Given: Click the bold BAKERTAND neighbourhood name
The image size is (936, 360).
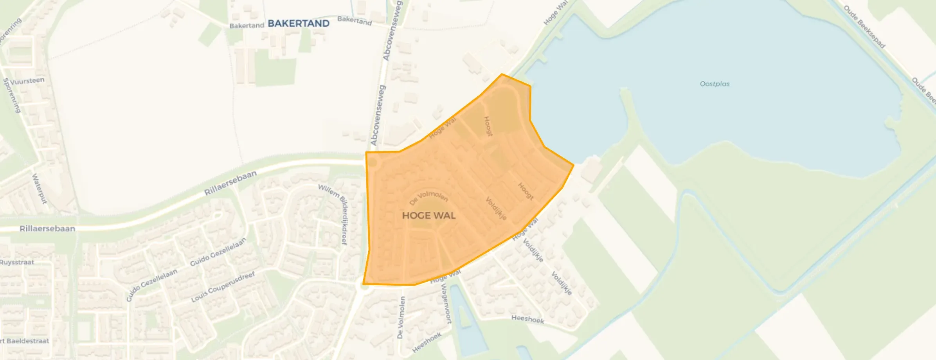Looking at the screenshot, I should coord(299,23).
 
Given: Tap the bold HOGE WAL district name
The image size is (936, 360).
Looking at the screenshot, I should coord(429,216).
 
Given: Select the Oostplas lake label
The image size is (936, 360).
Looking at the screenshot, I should coord(715,84).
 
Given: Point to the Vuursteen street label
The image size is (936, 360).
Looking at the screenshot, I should coord(27,81).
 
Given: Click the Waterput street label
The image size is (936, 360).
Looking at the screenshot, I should coord(39,189).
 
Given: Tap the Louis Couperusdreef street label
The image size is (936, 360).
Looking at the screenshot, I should coord(223,287).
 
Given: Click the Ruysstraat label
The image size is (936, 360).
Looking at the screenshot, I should coord(17,262).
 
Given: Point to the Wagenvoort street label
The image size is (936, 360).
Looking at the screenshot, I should coord(446,303).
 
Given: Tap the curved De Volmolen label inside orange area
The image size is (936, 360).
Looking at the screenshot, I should coord(428,198).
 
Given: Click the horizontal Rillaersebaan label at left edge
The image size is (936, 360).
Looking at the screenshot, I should coord(47,229).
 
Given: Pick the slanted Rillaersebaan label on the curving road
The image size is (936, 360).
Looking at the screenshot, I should coord(230,183).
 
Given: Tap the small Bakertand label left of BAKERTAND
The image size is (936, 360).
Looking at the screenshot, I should coord(247,25).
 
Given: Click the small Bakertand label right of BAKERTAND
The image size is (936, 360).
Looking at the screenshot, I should coord(355,20).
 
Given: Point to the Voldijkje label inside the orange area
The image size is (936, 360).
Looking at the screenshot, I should coord(496,209).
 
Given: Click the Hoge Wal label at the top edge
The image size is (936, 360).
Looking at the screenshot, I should coord(555,13).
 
